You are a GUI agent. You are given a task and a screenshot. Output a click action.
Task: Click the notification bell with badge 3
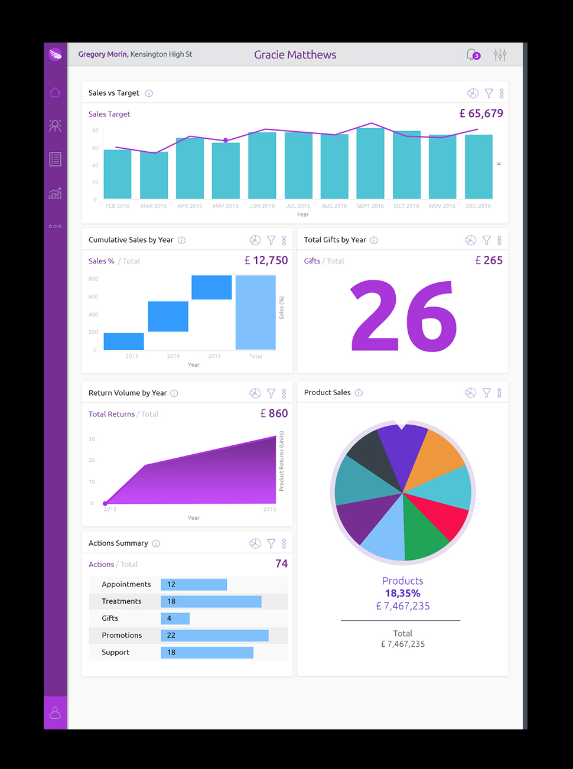point(471,55)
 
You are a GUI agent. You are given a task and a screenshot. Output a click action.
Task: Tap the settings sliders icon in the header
point(500,55)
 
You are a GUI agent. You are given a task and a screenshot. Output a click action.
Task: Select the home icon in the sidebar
point(55,92)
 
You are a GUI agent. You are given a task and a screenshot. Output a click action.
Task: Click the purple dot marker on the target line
point(226,140)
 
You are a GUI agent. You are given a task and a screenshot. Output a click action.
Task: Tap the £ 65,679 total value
point(481,113)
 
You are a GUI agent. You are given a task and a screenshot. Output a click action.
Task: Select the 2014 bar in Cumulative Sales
point(168,317)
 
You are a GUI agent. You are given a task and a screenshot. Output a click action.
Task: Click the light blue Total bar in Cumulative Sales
point(255,312)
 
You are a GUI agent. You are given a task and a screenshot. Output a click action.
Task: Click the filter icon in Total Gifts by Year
point(486,240)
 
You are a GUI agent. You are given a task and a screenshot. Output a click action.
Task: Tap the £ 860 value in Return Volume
point(274,413)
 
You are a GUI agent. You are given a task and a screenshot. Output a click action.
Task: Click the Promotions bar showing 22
point(214,636)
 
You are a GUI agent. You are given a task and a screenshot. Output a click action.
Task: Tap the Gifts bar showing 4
point(175,618)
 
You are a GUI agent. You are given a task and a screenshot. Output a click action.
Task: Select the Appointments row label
point(126,584)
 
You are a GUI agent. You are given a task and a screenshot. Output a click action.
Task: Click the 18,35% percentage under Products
point(403,594)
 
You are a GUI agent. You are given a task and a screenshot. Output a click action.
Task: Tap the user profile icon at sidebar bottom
point(55,713)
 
